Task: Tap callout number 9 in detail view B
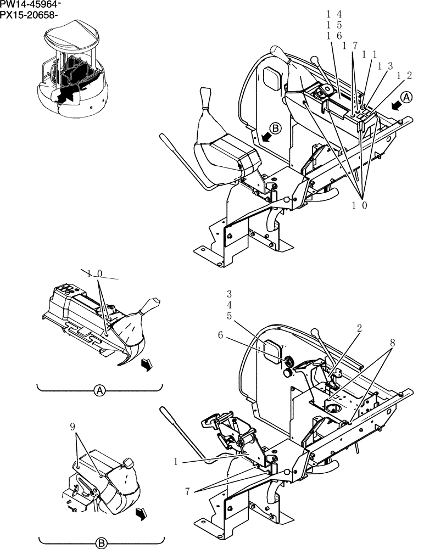[72, 426]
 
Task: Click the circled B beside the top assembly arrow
[276, 128]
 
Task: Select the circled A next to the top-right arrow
[406, 97]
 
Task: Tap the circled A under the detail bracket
[99, 391]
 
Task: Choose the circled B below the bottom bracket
[101, 543]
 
